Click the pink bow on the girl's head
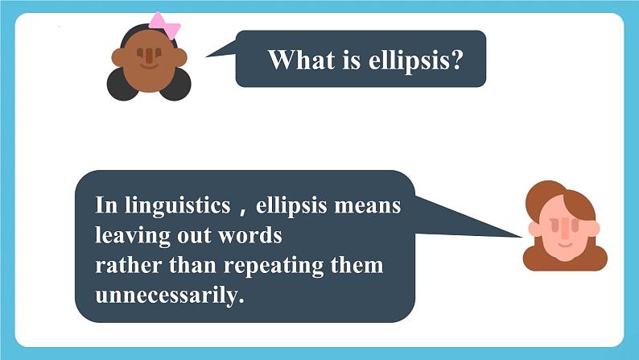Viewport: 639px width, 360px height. coord(164,25)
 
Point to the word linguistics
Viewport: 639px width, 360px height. coord(178,206)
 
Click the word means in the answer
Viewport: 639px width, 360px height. coord(368,206)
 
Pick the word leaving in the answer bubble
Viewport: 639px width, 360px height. coord(133,236)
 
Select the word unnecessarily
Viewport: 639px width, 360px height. coord(170,296)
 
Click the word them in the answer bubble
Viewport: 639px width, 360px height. coord(357,266)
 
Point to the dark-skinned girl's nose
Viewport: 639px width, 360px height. coord(149,56)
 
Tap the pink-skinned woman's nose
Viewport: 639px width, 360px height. coord(565,229)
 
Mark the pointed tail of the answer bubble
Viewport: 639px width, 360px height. coord(522,237)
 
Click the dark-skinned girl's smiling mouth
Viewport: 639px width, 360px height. coord(149,66)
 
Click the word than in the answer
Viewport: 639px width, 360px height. coord(192,266)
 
